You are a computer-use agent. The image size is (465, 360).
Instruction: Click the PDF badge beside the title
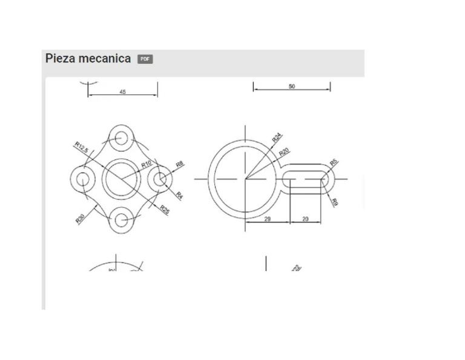[x=145, y=59]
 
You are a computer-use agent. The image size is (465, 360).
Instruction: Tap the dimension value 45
[x=123, y=92]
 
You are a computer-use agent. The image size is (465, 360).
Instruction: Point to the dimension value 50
[x=292, y=87]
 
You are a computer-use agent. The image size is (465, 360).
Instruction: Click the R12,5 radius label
[x=81, y=147]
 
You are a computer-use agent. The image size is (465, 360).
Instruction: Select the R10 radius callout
[x=147, y=164]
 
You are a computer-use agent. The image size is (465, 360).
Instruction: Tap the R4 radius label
[x=179, y=195]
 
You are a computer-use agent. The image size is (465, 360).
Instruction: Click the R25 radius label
[x=165, y=209]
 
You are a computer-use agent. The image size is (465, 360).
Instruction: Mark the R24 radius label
[x=277, y=138]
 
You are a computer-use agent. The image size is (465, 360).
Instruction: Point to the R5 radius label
[x=334, y=162]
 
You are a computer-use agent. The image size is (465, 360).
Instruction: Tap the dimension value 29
[x=267, y=219]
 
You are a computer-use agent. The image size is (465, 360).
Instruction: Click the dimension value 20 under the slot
[x=305, y=219]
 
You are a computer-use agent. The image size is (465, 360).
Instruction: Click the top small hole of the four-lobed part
[x=122, y=137]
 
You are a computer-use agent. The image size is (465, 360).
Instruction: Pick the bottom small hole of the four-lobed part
[x=122, y=219]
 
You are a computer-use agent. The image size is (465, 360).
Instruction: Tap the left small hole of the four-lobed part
[x=82, y=178]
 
